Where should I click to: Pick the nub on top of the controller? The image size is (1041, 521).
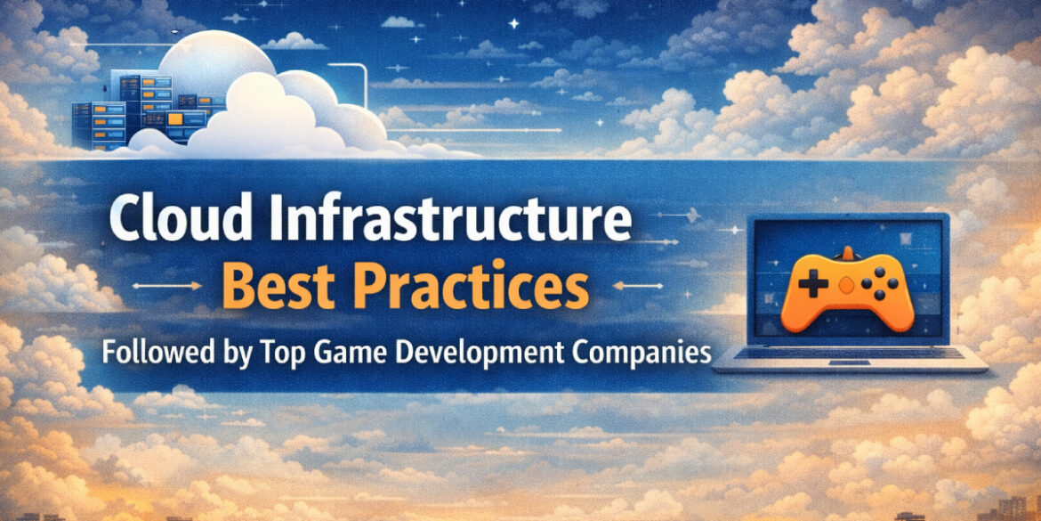[847, 252]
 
